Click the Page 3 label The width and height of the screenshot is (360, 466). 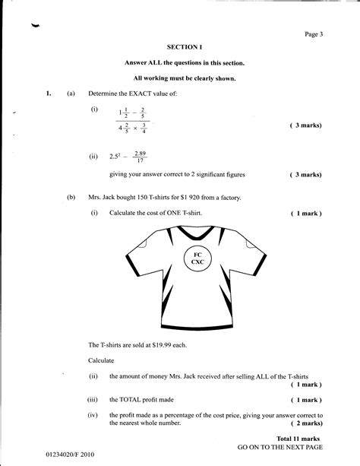(314, 33)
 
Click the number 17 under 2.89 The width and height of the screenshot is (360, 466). (139, 161)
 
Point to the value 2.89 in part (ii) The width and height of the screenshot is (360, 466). (139, 153)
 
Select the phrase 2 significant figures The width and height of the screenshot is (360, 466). (215, 174)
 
